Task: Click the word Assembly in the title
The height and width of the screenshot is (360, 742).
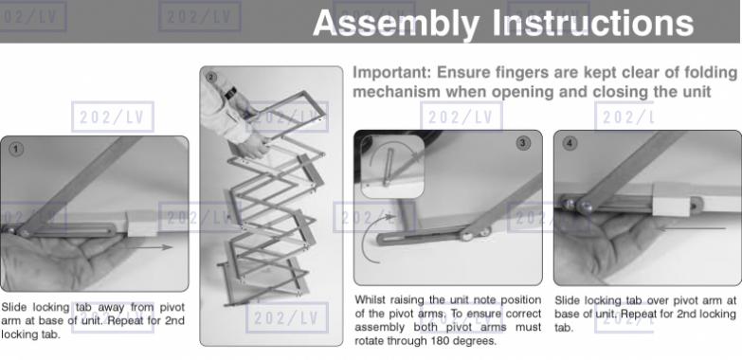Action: coord(396,24)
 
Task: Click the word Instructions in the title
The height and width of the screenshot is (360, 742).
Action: coord(593,23)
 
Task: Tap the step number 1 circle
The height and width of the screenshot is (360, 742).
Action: coord(16,150)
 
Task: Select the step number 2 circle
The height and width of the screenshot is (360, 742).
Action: coord(211,77)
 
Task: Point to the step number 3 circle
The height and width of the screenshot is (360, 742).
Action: coord(523,143)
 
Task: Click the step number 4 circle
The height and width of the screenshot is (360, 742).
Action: coord(570,143)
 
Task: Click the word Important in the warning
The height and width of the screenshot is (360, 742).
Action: coord(391,73)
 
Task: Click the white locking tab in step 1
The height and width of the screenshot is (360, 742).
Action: coord(142,224)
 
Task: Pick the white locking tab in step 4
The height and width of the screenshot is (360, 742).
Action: coord(671,200)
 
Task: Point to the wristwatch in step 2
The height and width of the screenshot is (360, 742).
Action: coord(231,91)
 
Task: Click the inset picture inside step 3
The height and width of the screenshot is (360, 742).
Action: coord(392,167)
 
